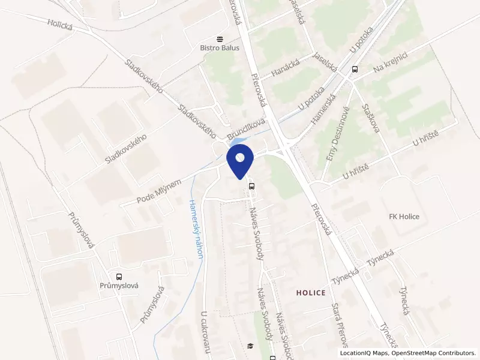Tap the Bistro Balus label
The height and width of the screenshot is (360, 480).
click(220, 48)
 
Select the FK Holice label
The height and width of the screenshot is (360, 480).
click(404, 217)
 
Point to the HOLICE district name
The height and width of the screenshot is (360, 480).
click(311, 293)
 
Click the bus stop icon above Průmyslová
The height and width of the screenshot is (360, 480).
click(119, 277)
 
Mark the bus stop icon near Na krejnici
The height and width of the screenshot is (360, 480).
click(355, 69)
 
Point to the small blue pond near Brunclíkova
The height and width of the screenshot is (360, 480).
click(236, 142)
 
